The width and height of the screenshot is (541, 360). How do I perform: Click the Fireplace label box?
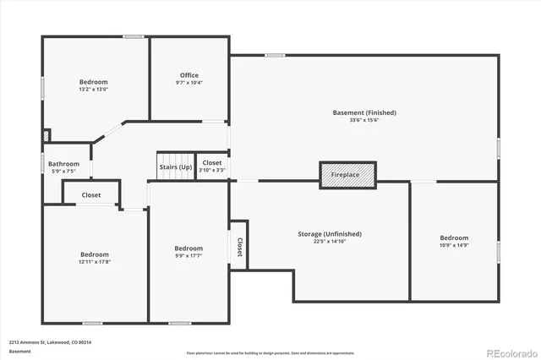pos(345,174)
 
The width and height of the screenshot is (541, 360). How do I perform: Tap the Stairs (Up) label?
pos(175,167)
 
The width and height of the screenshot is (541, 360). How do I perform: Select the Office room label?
pos(189,75)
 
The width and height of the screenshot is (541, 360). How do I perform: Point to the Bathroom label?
pos(63,164)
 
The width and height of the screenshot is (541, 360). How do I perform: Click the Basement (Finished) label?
pos(363,112)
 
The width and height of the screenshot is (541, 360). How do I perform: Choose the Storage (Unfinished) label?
pos(330,233)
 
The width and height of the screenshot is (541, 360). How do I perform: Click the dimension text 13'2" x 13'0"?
pos(94,90)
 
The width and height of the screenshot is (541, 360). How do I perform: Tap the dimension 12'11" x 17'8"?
pos(95,262)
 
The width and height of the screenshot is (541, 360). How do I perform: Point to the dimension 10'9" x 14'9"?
pos(453,246)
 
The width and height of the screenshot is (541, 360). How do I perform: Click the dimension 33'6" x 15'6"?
pos(363,120)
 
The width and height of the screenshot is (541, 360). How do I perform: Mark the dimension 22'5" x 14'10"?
pos(330,242)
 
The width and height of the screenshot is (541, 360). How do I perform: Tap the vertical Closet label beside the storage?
pos(239,246)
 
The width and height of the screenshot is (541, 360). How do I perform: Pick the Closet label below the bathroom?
pos(91,195)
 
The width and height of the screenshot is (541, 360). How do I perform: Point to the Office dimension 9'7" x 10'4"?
pos(189,83)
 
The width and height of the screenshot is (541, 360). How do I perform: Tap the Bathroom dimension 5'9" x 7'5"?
pos(63,172)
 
